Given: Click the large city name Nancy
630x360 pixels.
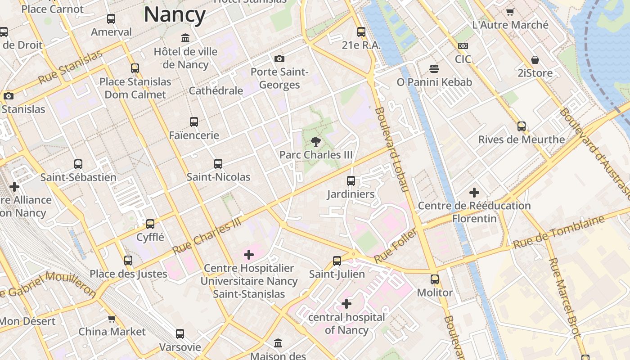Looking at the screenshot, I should (175, 14).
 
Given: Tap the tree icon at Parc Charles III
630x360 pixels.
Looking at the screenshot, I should (316, 142).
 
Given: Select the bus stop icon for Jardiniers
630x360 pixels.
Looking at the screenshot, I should (351, 181).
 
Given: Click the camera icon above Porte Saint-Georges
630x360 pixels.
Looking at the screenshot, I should (279, 58).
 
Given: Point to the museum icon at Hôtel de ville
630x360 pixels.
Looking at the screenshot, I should (185, 38).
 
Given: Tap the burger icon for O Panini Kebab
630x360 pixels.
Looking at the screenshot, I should (434, 69).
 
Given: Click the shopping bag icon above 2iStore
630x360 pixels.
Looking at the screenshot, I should (535, 60).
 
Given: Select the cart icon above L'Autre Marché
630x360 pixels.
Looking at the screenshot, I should (510, 12).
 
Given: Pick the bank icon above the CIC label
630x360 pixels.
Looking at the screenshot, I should (463, 46).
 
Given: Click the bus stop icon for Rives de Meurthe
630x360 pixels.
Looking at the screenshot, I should (522, 126).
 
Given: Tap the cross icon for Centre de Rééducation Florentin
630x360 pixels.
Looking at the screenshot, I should (474, 193).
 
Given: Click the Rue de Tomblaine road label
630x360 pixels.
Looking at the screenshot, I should (559, 232).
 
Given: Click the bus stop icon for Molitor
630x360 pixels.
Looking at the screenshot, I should (435, 279).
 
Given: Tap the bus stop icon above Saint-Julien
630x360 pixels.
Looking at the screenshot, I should (337, 261).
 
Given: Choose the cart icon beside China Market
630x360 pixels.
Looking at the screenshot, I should (112, 319).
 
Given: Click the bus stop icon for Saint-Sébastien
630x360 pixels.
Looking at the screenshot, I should (78, 164).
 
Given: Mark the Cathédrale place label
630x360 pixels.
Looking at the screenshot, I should (216, 90).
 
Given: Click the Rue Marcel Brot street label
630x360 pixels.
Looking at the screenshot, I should (563, 298).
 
